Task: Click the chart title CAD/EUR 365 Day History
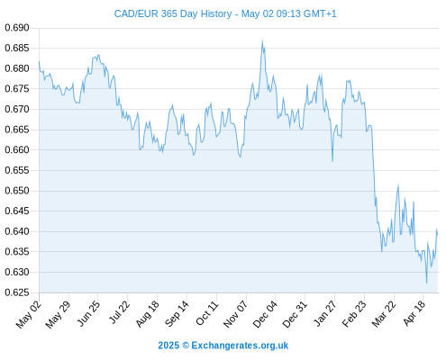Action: point(173,13)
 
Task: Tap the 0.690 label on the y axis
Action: point(17,28)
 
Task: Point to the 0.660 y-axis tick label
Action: point(17,149)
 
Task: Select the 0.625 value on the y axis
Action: point(17,292)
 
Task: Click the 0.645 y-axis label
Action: point(17,211)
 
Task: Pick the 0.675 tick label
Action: point(17,89)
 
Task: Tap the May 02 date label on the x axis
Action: point(28,314)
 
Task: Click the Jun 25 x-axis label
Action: point(88,313)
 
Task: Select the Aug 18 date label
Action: point(147,313)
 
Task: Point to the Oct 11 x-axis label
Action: point(206,313)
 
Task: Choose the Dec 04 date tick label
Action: point(265,314)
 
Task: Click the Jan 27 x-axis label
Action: point(324,313)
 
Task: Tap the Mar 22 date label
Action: point(384,313)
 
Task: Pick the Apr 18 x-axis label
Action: point(414,313)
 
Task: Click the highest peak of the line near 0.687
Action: point(262,40)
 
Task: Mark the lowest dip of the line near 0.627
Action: point(426,283)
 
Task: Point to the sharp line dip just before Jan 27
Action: point(332,161)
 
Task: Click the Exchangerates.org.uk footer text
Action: point(240,346)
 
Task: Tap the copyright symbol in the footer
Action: point(186,346)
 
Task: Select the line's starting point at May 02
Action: point(39,61)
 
